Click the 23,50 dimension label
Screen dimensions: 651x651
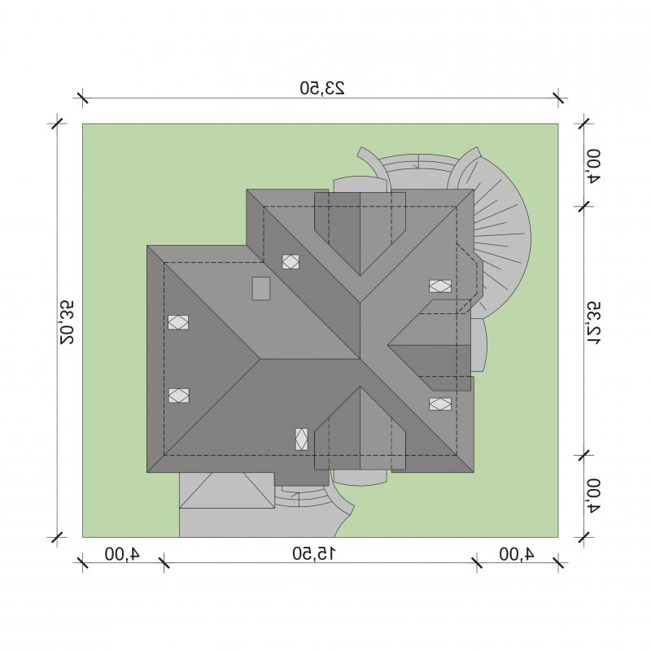pos(322,88)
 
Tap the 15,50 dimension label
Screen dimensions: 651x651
pos(314,553)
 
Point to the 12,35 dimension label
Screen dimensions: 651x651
pos(594,322)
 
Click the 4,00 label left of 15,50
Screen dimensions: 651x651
pos(123,553)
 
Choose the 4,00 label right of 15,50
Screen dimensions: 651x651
pos(517,553)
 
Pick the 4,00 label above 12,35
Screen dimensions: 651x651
pos(594,165)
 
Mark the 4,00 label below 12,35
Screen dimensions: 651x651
pos(594,496)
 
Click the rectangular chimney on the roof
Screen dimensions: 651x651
pos(261,288)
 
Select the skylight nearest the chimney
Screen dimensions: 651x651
pos(291,261)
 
